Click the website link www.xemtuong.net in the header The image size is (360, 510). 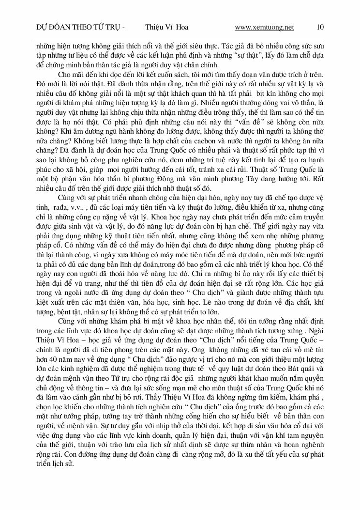pos(264,28)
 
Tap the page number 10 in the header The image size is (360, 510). pos(320,28)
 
